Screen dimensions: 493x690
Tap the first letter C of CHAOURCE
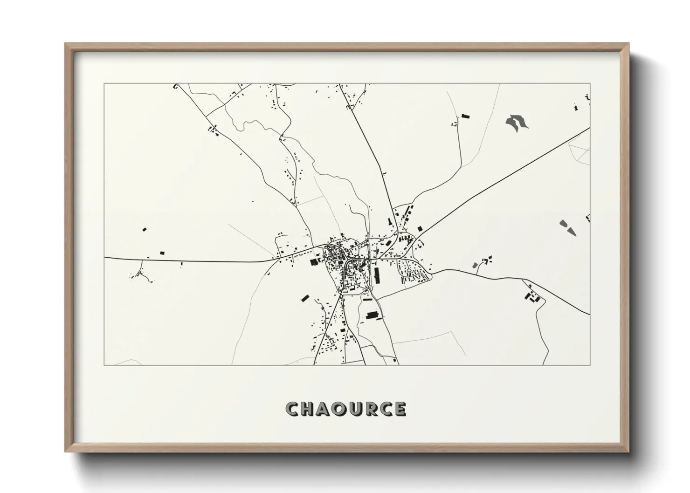[293, 409]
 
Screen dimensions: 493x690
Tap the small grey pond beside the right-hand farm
[476, 266]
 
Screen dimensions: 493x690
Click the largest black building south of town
[372, 316]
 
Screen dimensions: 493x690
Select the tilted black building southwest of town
[305, 298]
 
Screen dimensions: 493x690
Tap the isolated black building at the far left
[144, 229]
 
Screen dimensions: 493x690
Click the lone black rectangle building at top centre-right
[464, 116]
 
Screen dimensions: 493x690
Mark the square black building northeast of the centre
[420, 228]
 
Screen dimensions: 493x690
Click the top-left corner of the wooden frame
[66, 44]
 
